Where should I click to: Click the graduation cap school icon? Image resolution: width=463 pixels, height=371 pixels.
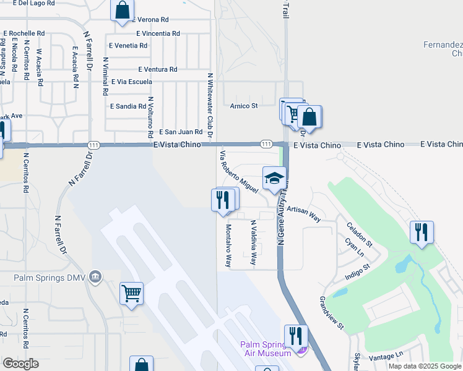pos(274,179)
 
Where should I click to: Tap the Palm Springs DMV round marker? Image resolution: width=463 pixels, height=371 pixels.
pos(94,276)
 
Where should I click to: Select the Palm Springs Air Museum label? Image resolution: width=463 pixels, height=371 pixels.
pos(266,348)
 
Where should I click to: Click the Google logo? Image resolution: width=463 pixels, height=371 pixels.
pos(20,363)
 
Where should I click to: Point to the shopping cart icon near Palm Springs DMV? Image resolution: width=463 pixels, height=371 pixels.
pos(132,294)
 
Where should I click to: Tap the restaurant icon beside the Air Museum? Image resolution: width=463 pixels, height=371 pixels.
pos(295,336)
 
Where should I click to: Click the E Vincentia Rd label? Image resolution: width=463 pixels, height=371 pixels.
pos(158,33)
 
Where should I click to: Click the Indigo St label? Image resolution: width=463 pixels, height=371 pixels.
pos(357,272)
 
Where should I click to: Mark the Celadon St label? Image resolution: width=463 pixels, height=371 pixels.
pos(360,236)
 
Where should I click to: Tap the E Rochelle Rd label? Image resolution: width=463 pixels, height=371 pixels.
pos(24,33)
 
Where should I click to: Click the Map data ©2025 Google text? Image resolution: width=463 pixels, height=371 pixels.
pos(425,366)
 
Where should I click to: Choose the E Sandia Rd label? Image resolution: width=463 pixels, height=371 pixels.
pos(128,106)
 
